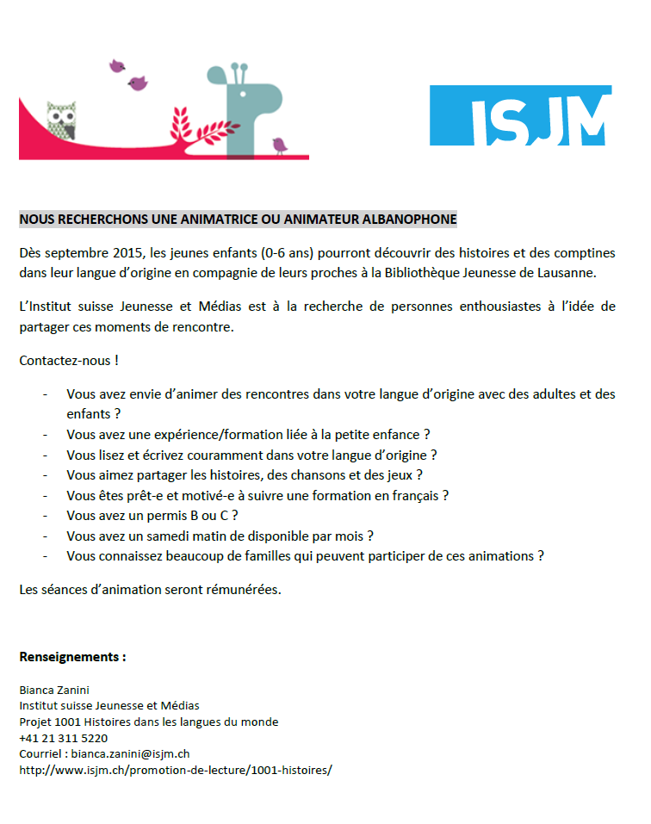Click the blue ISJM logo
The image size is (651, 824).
(520, 115)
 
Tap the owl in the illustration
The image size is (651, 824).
(60, 121)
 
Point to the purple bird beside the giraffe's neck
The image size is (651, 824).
(280, 144)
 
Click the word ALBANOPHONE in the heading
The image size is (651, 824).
(410, 220)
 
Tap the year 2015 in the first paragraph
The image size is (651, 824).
(127, 253)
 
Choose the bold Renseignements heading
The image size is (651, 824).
(72, 657)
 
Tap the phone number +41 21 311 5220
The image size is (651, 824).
(63, 738)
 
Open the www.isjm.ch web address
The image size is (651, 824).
(175, 770)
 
